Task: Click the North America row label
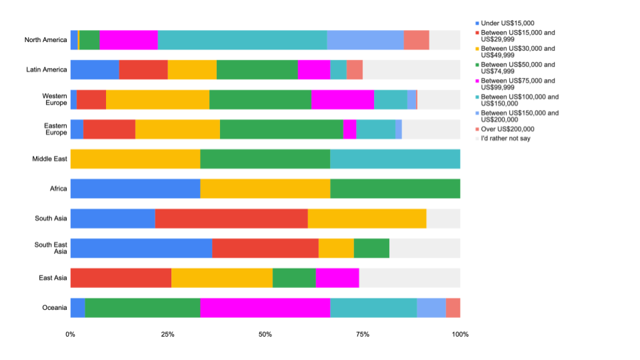[x=45, y=40]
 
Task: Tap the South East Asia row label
[x=51, y=248]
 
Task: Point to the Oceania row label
[x=54, y=307]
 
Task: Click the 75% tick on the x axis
[x=363, y=334]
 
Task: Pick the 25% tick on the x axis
[x=167, y=334]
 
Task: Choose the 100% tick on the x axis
[x=459, y=334]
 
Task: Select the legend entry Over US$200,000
[x=507, y=129]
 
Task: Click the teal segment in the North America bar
[x=242, y=40]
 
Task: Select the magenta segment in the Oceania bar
[x=265, y=307]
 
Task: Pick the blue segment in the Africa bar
[x=135, y=189]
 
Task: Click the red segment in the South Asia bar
[x=231, y=218]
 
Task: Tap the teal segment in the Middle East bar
[x=395, y=159]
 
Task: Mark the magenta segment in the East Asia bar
[x=337, y=277]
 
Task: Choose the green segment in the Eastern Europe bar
[x=281, y=129]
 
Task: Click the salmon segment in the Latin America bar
[x=354, y=69]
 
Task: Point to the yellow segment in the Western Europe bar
[x=157, y=99]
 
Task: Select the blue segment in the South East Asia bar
[x=141, y=248]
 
